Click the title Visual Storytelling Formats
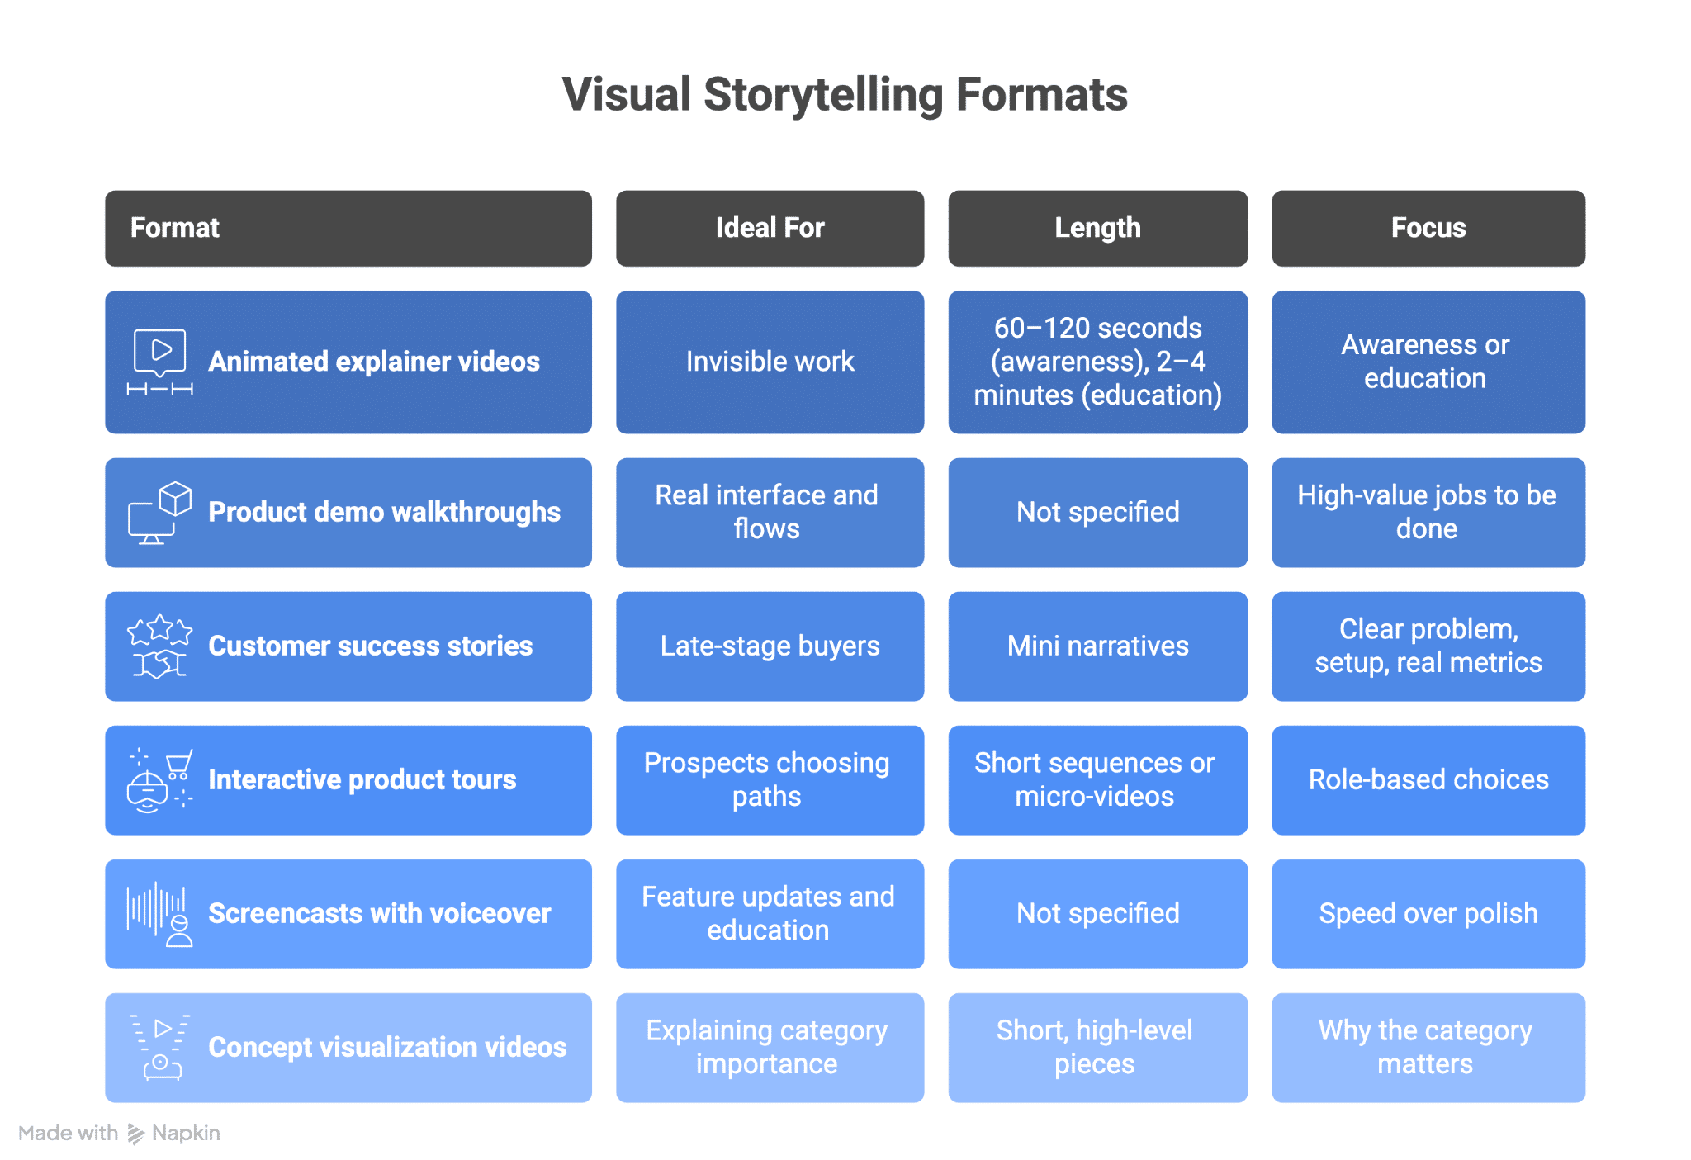tap(844, 94)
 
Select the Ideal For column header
tap(770, 228)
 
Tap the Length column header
tap(1097, 228)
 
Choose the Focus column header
tap(1428, 228)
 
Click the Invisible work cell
tap(770, 362)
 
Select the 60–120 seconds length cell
tap(1097, 362)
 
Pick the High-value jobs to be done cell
tap(1428, 513)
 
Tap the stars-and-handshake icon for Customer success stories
tap(160, 646)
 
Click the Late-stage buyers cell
tap(770, 646)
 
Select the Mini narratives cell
tap(1097, 646)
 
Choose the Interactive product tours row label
tap(362, 780)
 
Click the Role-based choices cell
tap(1428, 780)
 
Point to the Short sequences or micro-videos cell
tap(1097, 780)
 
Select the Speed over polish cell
tap(1428, 914)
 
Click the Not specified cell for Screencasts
tap(1097, 914)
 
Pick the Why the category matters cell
tap(1428, 1048)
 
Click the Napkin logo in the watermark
tap(136, 1134)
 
